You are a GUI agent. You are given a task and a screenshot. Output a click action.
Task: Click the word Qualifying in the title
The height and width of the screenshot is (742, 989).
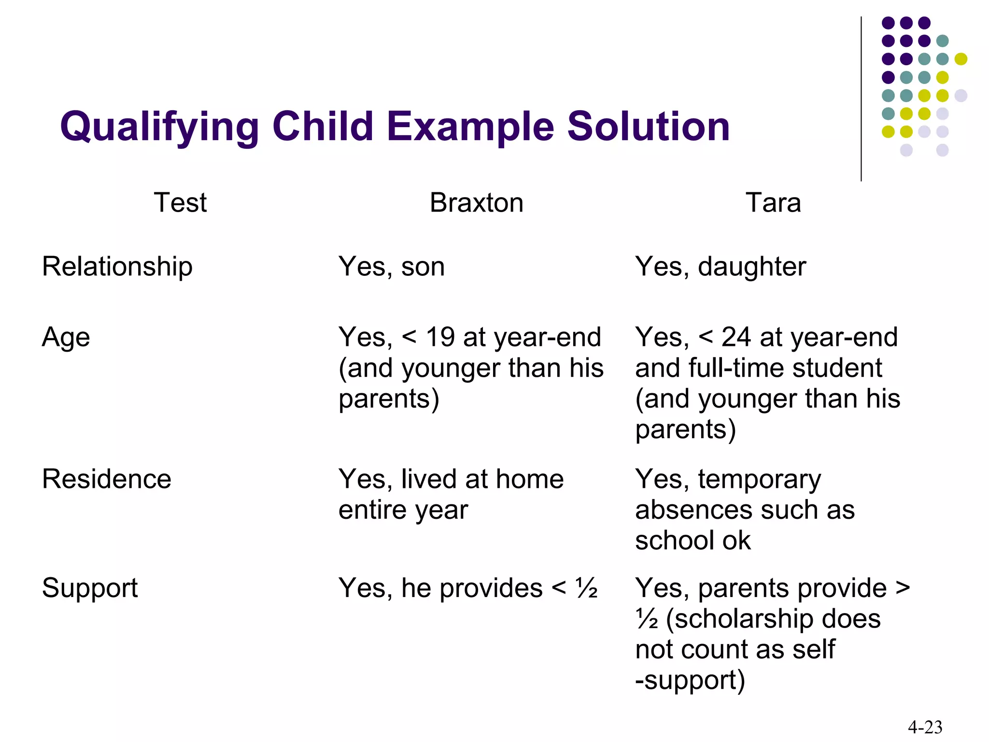point(159,127)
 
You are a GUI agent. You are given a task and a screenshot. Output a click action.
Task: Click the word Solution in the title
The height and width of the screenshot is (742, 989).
point(648,127)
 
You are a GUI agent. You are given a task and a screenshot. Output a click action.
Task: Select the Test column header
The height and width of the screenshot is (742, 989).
point(180,202)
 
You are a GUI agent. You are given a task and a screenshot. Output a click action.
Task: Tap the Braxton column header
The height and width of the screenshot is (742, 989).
point(476,202)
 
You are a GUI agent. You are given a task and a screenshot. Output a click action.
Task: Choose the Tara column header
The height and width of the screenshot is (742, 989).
point(773,202)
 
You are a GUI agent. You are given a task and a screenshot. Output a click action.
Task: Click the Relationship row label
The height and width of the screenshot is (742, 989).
point(117,267)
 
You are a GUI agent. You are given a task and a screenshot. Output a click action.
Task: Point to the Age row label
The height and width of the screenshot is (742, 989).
point(66,337)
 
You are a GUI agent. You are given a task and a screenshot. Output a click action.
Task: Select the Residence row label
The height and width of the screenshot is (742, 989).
point(107,479)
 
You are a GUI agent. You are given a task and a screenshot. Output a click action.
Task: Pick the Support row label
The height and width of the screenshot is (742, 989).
point(90,588)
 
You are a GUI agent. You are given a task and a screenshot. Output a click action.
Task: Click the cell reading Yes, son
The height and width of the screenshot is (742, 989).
point(392,267)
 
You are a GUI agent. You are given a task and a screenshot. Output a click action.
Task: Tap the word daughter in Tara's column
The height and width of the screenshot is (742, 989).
point(752,267)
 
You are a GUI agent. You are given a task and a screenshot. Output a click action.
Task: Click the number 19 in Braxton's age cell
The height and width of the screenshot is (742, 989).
point(440,337)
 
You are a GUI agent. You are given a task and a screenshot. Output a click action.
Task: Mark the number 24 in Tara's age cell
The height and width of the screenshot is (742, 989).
point(736,337)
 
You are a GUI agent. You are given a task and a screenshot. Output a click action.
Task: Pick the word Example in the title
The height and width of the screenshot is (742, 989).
point(470,127)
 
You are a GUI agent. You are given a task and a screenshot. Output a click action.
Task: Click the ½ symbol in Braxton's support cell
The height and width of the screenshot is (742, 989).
point(587,588)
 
